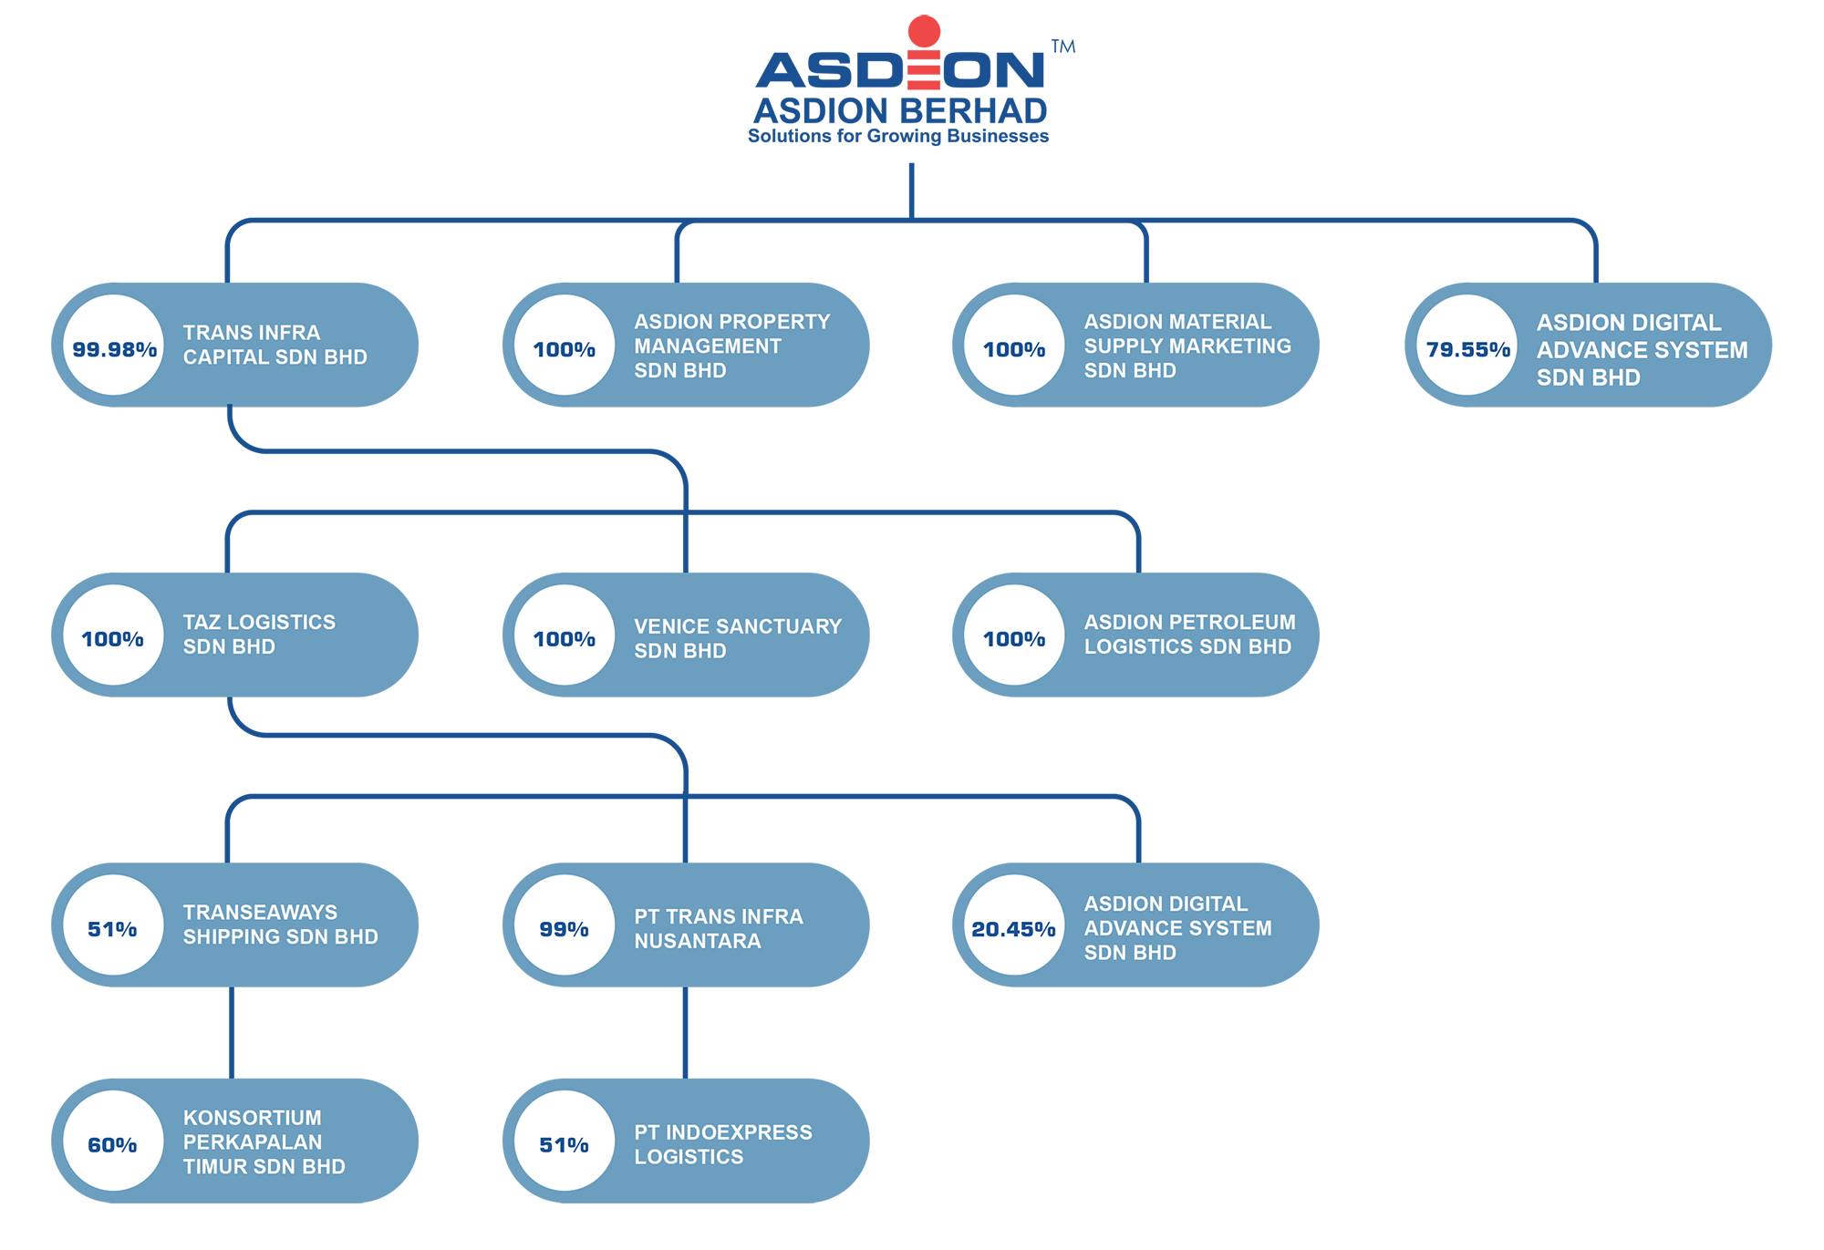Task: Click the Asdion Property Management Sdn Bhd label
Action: click(731, 346)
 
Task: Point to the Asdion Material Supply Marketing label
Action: click(1187, 346)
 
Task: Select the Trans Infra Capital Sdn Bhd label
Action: click(275, 345)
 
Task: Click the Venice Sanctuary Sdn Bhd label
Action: click(737, 638)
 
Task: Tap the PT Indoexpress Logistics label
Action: click(722, 1144)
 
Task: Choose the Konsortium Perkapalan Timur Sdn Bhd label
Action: click(264, 1142)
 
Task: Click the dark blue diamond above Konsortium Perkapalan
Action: click(232, 1032)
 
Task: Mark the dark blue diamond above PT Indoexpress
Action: click(685, 1032)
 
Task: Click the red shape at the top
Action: click(923, 55)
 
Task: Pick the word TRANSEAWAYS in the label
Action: click(260, 912)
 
